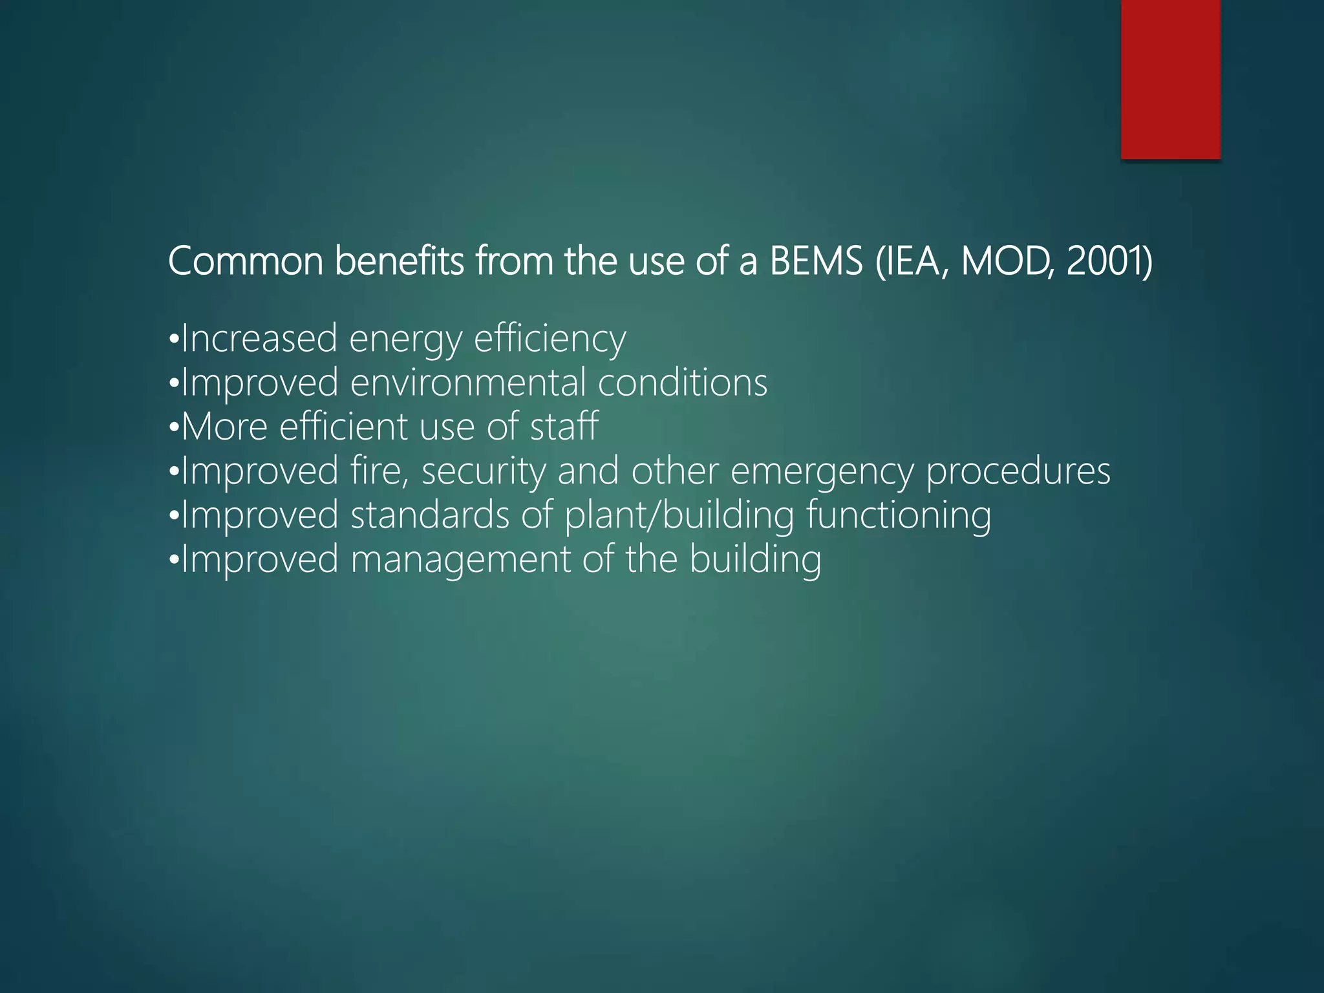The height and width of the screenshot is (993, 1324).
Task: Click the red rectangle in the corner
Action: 1170,79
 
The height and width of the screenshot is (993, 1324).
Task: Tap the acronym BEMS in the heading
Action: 817,261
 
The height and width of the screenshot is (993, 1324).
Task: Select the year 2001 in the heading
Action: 1109,261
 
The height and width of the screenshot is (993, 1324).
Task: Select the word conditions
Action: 683,382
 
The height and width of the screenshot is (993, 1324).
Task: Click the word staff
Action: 564,426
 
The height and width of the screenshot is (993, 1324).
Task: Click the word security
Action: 484,471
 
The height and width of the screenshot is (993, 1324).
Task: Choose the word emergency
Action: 822,471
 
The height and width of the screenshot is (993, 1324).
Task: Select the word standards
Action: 430,515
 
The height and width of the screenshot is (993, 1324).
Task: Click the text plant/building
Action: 679,515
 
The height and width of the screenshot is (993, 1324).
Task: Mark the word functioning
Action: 899,515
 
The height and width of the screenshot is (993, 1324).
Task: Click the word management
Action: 460,559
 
